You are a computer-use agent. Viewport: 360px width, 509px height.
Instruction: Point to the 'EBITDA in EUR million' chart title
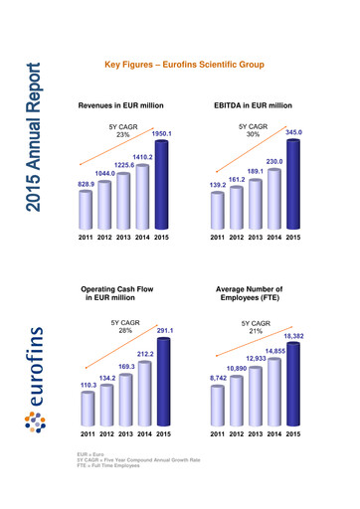point(253,104)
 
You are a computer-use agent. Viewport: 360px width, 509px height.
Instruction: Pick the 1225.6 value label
point(122,165)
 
